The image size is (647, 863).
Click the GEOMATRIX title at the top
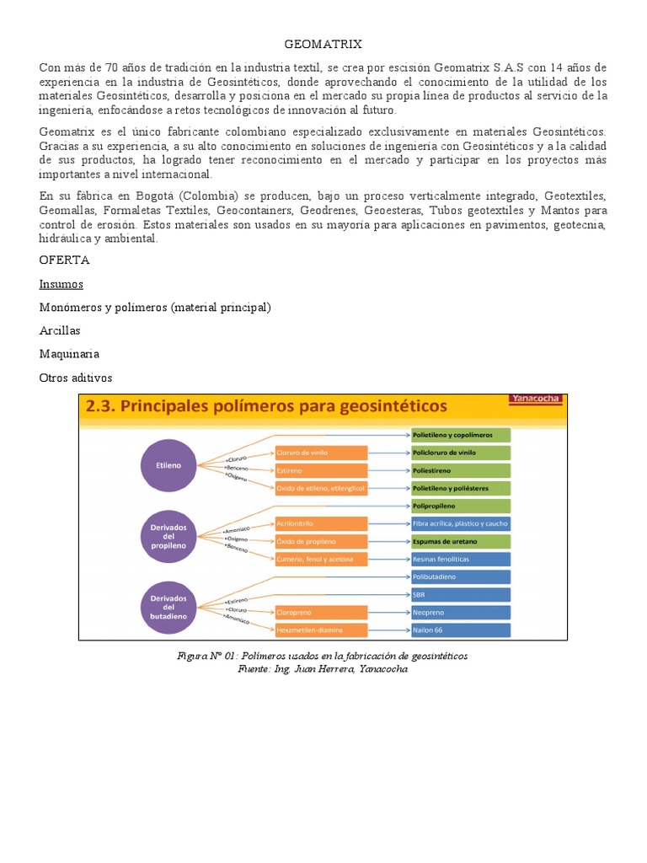tap(323, 44)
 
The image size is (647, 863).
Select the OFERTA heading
tap(64, 260)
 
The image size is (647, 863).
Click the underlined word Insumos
tap(61, 284)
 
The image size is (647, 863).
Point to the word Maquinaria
tap(69, 354)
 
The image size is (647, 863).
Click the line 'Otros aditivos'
tap(76, 378)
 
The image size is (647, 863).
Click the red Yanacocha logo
tap(537, 399)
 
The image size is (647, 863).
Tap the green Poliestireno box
tap(460, 470)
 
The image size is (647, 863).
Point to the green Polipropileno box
tap(460, 506)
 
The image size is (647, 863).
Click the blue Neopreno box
tap(460, 612)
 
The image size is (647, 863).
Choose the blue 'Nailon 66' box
tap(460, 630)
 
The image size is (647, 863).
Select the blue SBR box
tap(460, 594)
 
